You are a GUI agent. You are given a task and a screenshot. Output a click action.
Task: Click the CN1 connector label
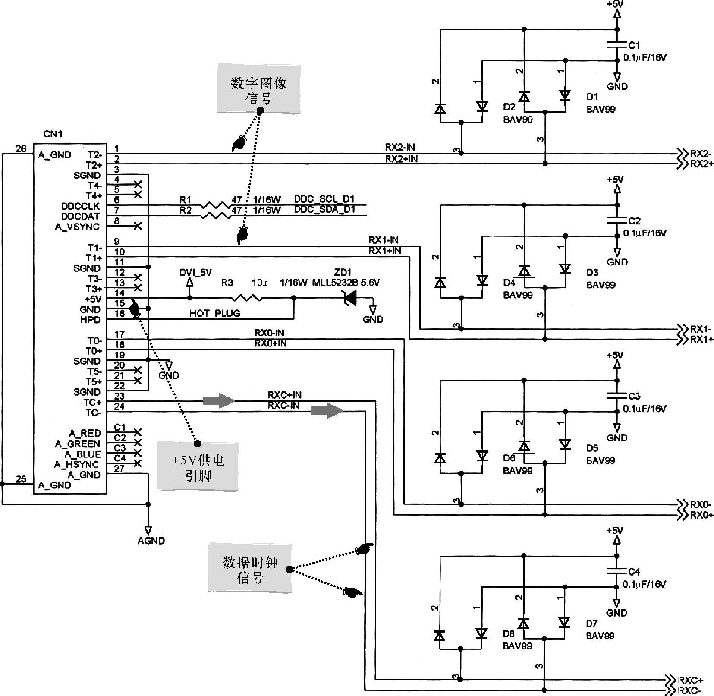[x=53, y=134]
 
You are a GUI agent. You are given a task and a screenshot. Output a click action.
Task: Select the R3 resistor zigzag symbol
[x=247, y=298]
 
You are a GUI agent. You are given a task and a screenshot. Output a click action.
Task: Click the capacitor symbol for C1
[x=617, y=44]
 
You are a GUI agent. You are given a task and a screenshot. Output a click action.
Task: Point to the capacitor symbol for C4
[x=617, y=571]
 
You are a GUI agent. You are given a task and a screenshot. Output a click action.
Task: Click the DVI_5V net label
[x=195, y=273]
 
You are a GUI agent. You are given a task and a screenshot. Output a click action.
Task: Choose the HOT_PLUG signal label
[x=214, y=314]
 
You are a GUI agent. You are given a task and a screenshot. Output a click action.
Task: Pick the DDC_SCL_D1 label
[x=324, y=199]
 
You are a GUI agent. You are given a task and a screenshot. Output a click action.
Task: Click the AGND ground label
[x=151, y=541]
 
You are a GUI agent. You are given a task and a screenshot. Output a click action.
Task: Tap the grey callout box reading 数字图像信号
[x=259, y=90]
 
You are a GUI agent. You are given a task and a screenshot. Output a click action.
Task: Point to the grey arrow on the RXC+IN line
[x=218, y=401]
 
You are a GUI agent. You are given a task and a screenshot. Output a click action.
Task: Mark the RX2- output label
[x=701, y=154]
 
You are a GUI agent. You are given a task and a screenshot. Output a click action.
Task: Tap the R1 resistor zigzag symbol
[x=215, y=205]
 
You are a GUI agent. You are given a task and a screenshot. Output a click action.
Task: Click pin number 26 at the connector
[x=21, y=149]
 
